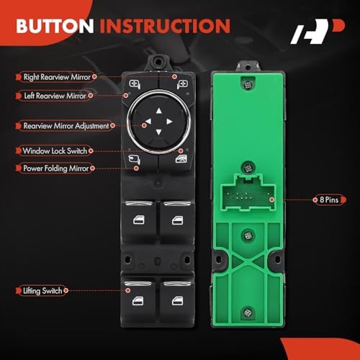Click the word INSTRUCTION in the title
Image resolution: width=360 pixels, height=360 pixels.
[163, 27]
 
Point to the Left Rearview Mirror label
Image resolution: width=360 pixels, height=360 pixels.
[54, 94]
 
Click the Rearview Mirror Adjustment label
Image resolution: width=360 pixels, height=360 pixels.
[67, 125]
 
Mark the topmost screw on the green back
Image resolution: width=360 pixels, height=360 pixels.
[247, 84]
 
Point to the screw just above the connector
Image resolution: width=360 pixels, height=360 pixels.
[247, 166]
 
